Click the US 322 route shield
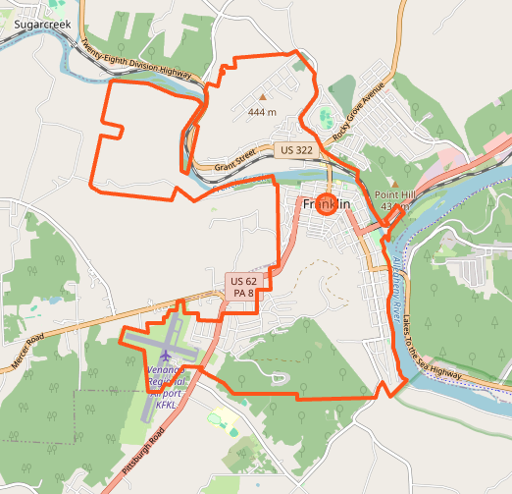pos(296,150)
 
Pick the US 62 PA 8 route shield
pos(243,287)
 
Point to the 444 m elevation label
pos(262,112)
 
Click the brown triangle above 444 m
pos(262,97)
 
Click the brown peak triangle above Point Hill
pos(395,183)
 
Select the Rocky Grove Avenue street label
pos(360,116)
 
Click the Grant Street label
pos(236,160)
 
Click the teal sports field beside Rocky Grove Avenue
pos(325,120)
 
